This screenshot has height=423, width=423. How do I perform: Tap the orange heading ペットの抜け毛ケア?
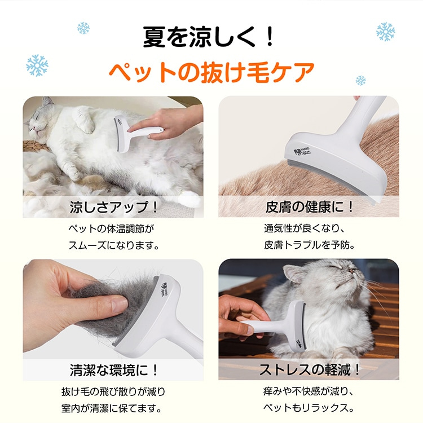pyautogui.click(x=211, y=72)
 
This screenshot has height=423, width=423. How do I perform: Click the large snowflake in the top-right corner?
pyautogui.click(x=386, y=32)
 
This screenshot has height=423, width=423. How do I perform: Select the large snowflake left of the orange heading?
pyautogui.click(x=37, y=65)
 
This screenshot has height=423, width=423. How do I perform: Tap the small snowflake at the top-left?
pyautogui.click(x=83, y=27)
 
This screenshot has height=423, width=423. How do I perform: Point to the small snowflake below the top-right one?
pyautogui.click(x=360, y=80)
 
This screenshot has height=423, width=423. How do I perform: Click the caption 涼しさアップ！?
pyautogui.click(x=113, y=206)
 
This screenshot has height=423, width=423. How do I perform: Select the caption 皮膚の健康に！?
pyautogui.click(x=310, y=206)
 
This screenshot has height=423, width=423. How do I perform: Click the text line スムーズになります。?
pyautogui.click(x=113, y=245)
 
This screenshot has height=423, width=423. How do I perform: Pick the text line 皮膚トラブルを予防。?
pyautogui.click(x=310, y=245)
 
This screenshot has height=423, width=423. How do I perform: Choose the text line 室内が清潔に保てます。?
pyautogui.click(x=113, y=408)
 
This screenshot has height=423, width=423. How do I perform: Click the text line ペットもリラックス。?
pyautogui.click(x=310, y=408)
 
